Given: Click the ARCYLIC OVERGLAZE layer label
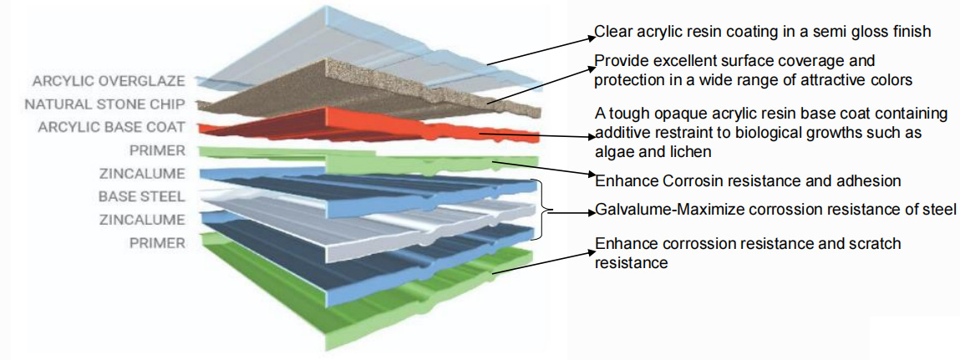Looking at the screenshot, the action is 109,81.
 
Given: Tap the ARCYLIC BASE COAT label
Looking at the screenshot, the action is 111,127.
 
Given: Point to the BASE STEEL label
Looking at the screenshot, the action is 141,197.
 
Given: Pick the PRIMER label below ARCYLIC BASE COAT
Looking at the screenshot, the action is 157,150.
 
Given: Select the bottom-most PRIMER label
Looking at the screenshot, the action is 157,243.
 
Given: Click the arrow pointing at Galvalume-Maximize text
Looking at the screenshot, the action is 572,212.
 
